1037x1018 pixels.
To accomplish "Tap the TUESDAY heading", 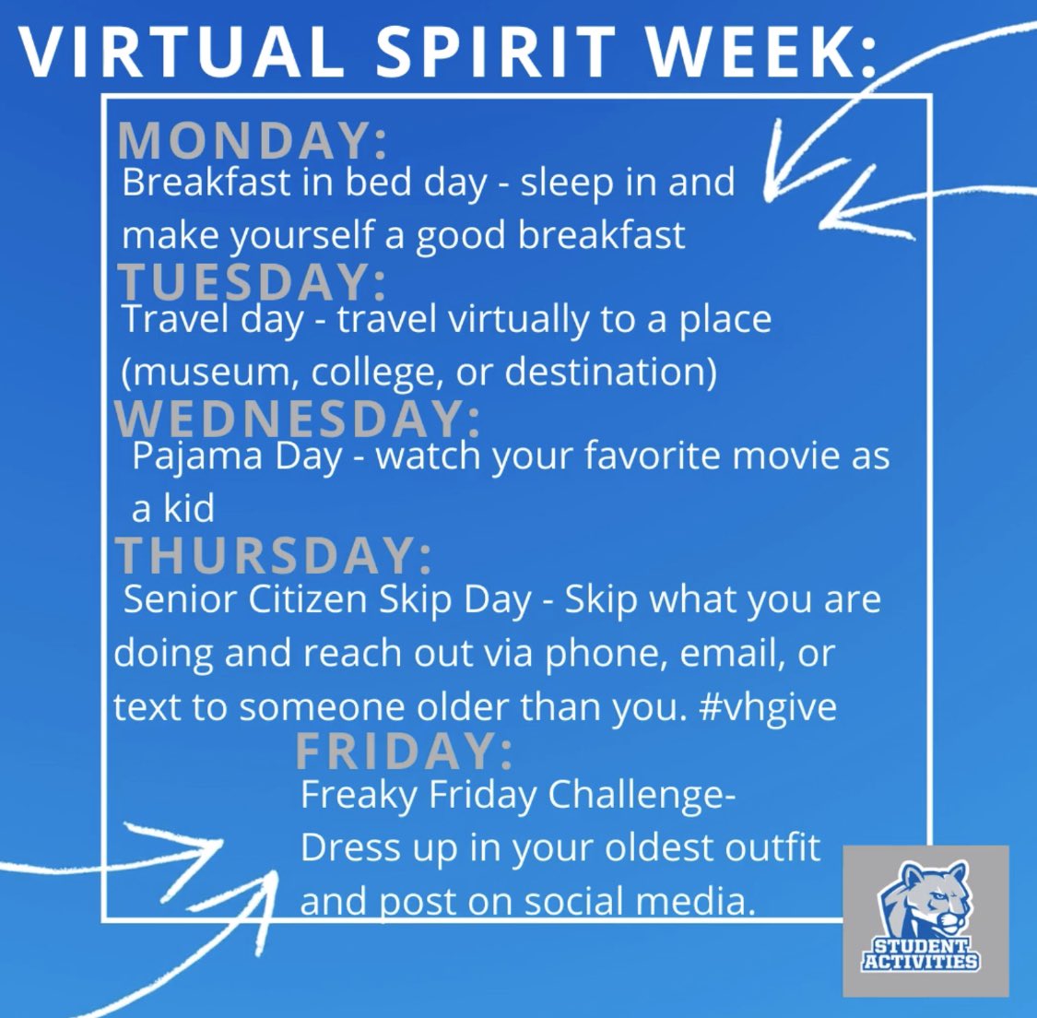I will click(252, 280).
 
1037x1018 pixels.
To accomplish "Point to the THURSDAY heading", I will click(273, 555).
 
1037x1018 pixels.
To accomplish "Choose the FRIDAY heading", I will click(404, 752).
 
